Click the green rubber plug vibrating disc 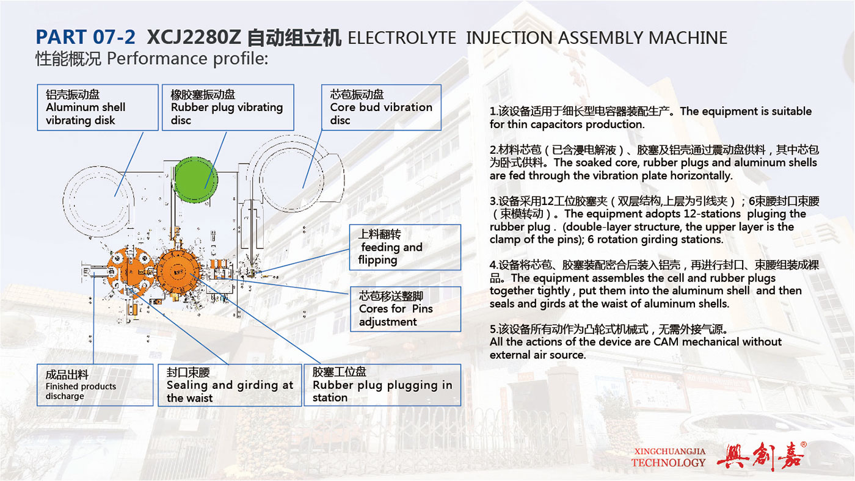pos(196,179)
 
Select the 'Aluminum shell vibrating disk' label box pos(98,107)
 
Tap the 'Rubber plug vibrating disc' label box pos(228,107)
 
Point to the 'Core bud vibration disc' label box pos(381,107)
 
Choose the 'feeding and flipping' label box pos(405,247)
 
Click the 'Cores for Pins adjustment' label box pos(406,309)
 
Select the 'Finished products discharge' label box pos(95,385)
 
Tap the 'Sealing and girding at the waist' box pos(230,385)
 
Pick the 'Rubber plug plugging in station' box pos(382,385)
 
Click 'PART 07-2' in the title pos(85,37)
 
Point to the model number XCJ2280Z pos(194,37)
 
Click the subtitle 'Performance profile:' pos(187,59)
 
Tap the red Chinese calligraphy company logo pos(761,456)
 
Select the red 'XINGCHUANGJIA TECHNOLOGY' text pos(669,457)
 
